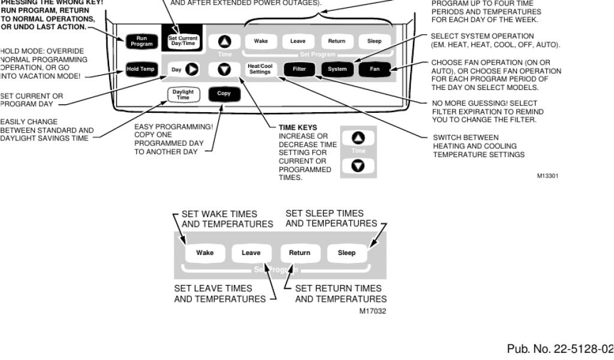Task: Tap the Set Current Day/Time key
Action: click(x=183, y=41)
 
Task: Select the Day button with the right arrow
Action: click(x=183, y=70)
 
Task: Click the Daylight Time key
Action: click(x=183, y=95)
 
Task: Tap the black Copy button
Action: click(x=224, y=94)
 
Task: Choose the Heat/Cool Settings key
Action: click(x=260, y=70)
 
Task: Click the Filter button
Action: click(x=299, y=70)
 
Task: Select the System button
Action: click(x=337, y=70)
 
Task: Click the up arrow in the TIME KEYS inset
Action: click(x=358, y=137)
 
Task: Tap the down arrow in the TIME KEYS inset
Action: click(x=358, y=165)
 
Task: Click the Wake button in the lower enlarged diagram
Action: click(x=205, y=253)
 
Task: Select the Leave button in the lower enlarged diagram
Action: click(x=251, y=253)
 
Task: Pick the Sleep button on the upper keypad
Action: click(x=374, y=41)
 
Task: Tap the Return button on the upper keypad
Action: click(x=337, y=41)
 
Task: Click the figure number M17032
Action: click(x=372, y=311)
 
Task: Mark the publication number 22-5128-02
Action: click(x=560, y=349)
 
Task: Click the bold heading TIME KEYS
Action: click(x=298, y=128)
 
